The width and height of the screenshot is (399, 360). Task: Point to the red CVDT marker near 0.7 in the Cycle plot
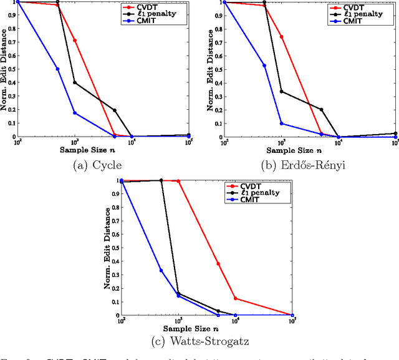point(75,41)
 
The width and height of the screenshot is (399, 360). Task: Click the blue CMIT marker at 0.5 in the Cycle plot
point(57,69)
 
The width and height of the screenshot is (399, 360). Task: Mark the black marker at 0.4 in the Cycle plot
point(75,82)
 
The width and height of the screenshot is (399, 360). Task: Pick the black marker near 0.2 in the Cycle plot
point(115,110)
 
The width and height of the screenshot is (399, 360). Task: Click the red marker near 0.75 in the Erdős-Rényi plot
point(281,37)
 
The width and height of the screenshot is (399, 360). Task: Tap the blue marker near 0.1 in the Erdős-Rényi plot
point(281,124)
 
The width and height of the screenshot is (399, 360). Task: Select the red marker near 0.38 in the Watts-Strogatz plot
point(218,263)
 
